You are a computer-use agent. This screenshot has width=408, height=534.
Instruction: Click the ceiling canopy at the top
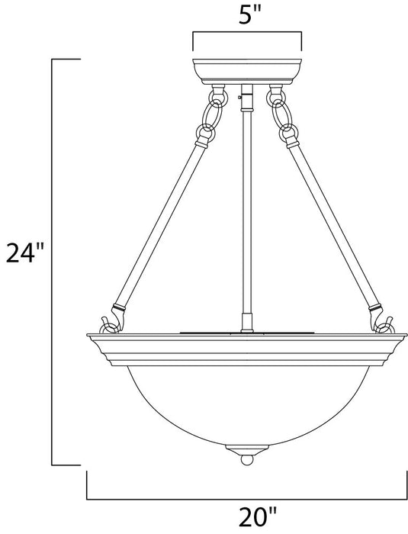pos(247,69)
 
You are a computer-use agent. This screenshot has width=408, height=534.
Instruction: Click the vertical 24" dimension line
pos(53,259)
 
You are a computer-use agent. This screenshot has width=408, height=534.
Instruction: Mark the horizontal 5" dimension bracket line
pos(247,33)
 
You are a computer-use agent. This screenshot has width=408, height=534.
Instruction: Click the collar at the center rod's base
pos(246,320)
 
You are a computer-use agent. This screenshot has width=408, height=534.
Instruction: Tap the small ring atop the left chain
pos(219,97)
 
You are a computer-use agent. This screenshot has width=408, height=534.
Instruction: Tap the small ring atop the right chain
pos(273,97)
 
